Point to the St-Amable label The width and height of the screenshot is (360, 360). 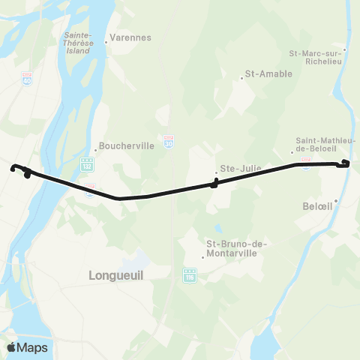268,74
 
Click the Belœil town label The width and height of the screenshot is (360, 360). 319,205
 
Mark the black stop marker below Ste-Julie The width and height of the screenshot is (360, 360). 214,184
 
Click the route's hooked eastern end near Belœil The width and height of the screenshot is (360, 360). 345,163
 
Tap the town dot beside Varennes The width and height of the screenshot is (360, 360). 106,41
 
